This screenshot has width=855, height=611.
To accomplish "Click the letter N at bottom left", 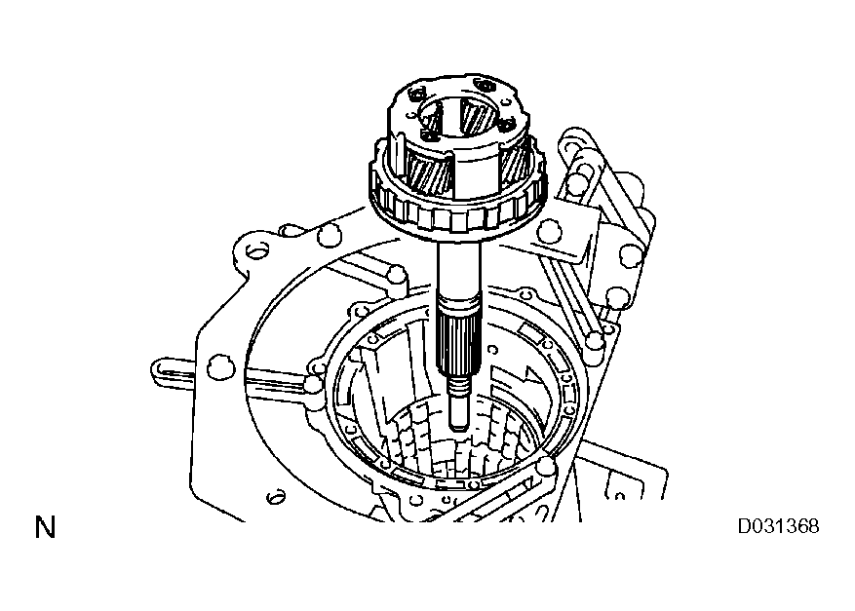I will point(45,529).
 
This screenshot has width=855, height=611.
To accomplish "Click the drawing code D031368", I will point(777,527).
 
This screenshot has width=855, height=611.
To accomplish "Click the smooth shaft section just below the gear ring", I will point(456,269).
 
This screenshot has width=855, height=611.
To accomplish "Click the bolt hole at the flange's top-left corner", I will point(256,251).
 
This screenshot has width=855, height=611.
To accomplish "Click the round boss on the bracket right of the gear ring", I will point(549,231).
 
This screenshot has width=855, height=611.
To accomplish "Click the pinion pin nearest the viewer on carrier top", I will point(429,125).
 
